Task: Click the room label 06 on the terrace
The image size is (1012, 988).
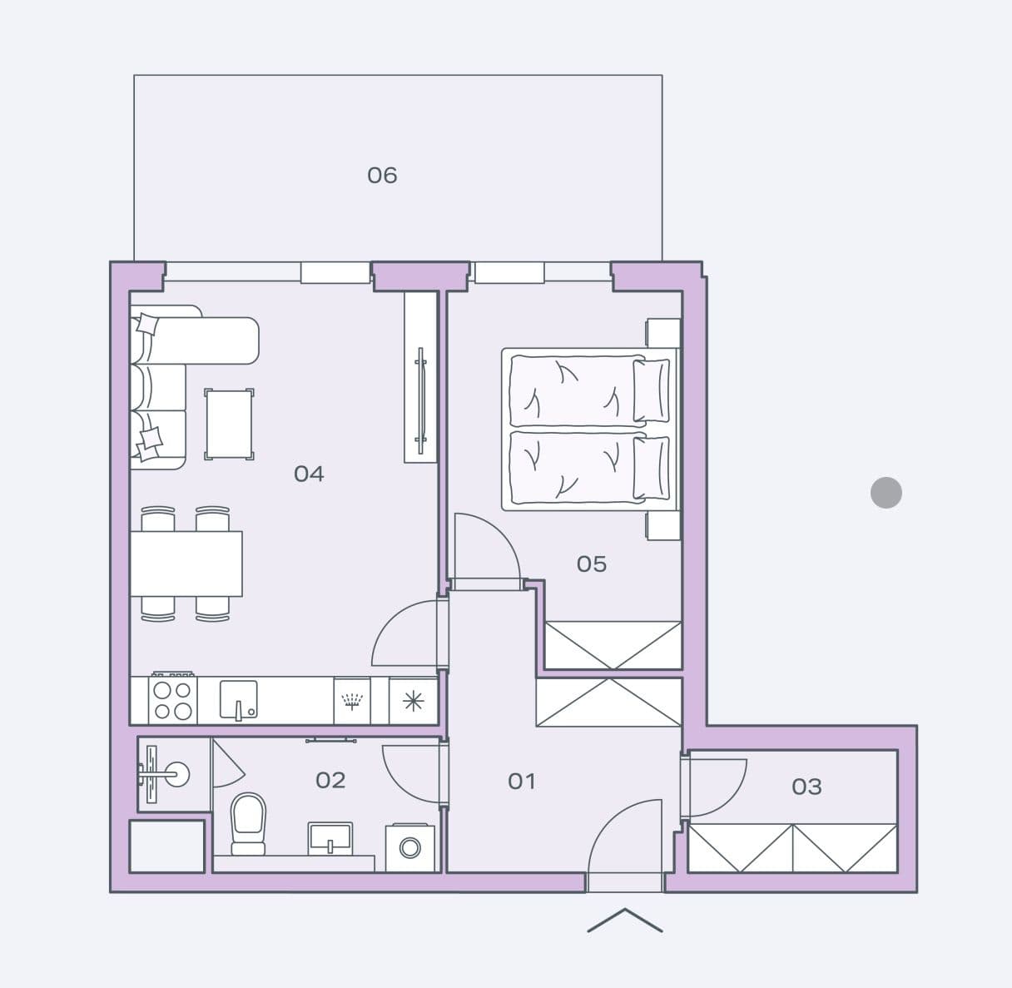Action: pos(382,175)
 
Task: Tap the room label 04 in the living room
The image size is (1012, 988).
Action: pos(309,474)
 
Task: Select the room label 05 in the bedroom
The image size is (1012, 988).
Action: pos(592,564)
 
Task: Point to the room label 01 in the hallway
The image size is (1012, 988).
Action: pos(522,781)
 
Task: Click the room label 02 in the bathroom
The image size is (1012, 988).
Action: pos(330,780)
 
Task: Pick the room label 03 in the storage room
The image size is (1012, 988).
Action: pos(806,786)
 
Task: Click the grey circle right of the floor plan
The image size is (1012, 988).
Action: pos(885,493)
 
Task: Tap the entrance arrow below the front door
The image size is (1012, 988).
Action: pos(625,921)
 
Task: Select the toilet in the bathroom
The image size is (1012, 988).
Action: pos(248,822)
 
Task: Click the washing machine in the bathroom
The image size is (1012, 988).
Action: pos(409,847)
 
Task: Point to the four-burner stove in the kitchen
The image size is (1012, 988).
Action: pos(173,700)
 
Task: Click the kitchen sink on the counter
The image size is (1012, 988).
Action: pos(238,699)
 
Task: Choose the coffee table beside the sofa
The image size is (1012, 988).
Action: pos(229,424)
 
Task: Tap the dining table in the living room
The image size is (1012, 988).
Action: pos(186,564)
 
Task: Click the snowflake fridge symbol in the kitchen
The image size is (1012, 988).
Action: pos(413,701)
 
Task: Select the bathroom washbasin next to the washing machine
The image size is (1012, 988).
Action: pos(330,837)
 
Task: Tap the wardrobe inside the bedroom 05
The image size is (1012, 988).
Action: pos(613,645)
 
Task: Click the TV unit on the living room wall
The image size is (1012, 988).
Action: pos(420,377)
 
